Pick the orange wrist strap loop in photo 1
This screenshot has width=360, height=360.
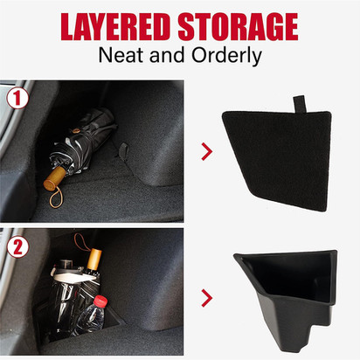pos(55,198)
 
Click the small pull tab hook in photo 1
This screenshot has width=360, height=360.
pos(123,150)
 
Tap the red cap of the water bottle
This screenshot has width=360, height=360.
pos(100,301)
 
